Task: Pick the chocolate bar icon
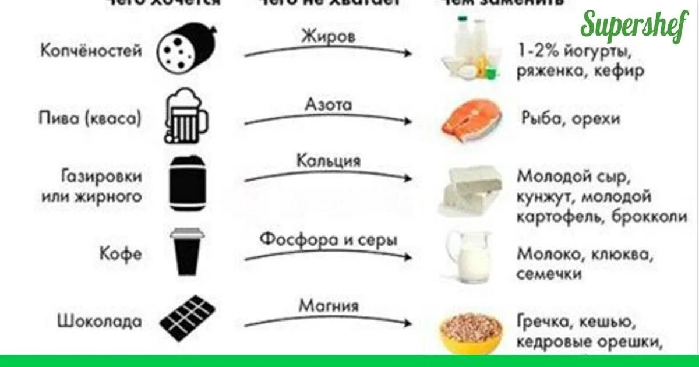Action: click(x=185, y=320)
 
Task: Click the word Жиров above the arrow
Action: click(x=328, y=36)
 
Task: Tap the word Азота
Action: click(x=329, y=105)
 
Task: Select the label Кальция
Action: click(x=329, y=160)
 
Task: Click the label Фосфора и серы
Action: click(x=329, y=239)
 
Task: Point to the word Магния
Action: click(x=329, y=305)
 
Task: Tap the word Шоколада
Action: click(x=99, y=320)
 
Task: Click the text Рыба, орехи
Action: click(x=570, y=119)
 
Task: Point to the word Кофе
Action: click(x=121, y=255)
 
